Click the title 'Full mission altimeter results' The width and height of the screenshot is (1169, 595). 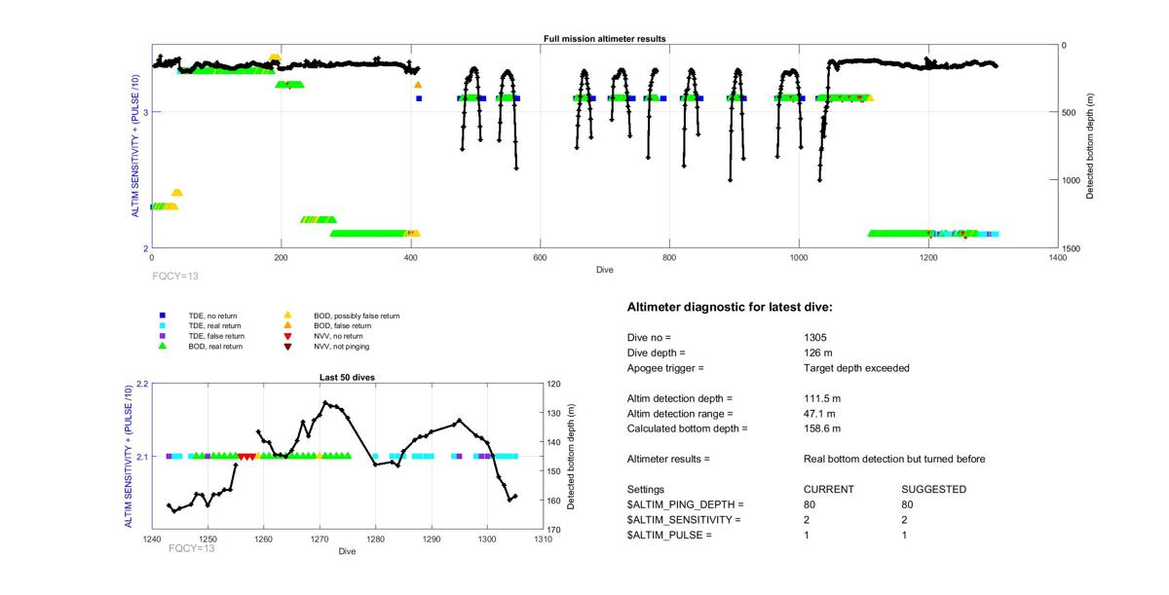coord(604,39)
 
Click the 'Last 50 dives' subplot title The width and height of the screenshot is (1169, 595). coord(347,377)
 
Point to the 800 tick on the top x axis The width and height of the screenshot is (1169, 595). coord(669,258)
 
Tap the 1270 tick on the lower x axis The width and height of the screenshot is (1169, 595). coord(320,539)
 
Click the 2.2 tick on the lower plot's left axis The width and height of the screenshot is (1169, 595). coord(141,385)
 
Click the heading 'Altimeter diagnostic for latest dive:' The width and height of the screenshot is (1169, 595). coord(730,308)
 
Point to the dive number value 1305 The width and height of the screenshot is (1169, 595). coord(815,337)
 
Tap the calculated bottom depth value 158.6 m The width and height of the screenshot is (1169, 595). coord(822,428)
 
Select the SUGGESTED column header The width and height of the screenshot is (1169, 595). coord(933,489)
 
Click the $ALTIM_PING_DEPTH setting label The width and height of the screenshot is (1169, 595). coord(685,504)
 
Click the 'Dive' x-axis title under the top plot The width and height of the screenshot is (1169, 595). coord(604,270)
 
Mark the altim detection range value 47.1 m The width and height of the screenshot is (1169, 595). coord(819,413)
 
